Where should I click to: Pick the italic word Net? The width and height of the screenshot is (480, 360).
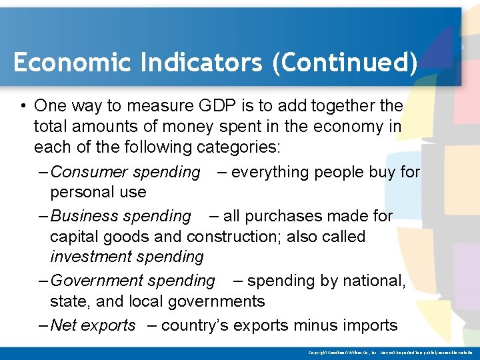pyautogui.click(x=64, y=325)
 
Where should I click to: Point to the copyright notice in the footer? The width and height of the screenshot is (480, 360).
pyautogui.click(x=390, y=352)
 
